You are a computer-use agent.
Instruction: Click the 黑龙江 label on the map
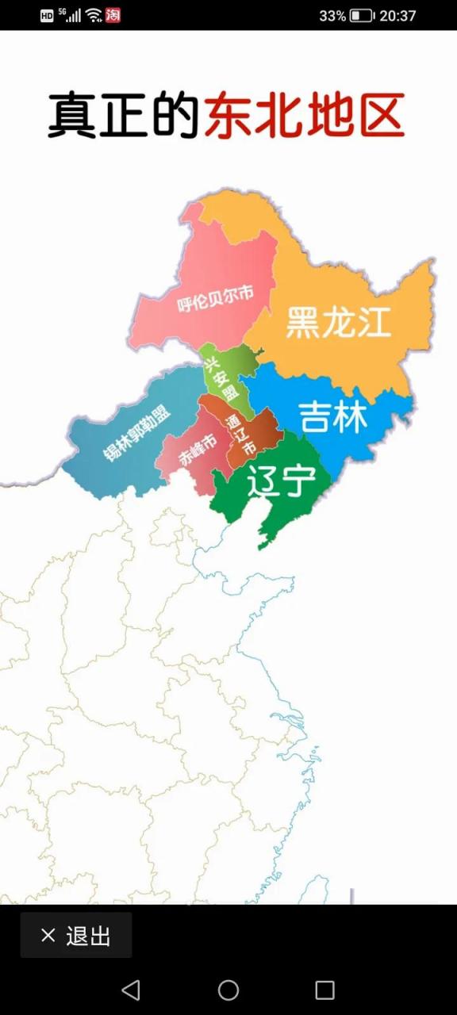[x=339, y=322]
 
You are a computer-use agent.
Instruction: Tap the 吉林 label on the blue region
[x=333, y=416]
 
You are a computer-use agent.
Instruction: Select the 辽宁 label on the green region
[x=282, y=481]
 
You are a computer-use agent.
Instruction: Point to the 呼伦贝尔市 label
[x=215, y=299]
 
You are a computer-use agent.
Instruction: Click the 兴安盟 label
[x=221, y=380]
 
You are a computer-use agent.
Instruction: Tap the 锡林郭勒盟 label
[x=136, y=432]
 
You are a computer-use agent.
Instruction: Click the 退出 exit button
[x=76, y=936]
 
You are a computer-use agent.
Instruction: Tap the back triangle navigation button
[x=131, y=990]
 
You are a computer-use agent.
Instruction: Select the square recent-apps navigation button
[x=325, y=990]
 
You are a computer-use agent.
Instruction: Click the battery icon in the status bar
[x=362, y=15]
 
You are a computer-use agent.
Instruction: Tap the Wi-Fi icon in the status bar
[x=94, y=15]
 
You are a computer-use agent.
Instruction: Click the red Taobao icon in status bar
[x=113, y=15]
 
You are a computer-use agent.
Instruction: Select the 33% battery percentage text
[x=332, y=15]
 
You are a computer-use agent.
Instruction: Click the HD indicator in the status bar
[x=47, y=15]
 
